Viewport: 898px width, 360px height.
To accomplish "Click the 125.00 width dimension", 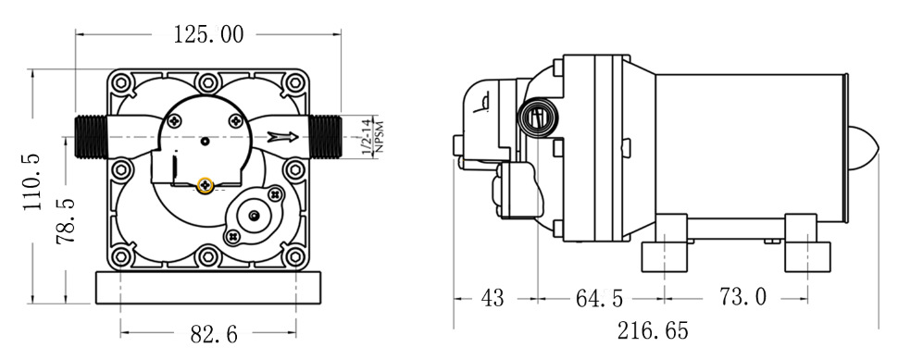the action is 208,34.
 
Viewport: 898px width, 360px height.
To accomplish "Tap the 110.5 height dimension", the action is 32,182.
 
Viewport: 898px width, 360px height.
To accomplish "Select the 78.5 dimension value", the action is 66,222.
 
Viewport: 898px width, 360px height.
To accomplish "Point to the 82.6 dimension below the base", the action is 214,334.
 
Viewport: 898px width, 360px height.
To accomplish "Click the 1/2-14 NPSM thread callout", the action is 370,137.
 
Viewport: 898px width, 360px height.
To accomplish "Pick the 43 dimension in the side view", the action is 492,298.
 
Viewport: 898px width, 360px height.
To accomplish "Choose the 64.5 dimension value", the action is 599,298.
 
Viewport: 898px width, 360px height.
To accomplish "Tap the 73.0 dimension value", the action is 742,297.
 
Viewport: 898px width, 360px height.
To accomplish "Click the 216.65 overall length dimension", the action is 653,330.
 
